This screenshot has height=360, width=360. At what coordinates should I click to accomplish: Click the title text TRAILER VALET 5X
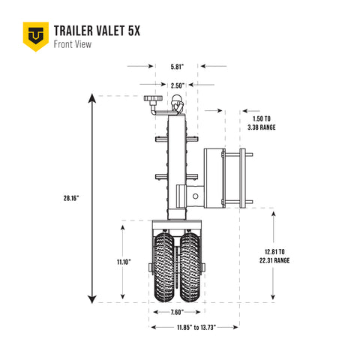[96, 30]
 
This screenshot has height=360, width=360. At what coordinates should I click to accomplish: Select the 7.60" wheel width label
[176, 312]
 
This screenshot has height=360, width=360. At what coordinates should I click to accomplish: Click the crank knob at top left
[154, 100]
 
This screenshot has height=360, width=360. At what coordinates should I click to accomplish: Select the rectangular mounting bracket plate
[216, 177]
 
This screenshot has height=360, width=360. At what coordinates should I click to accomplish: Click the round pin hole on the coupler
[196, 196]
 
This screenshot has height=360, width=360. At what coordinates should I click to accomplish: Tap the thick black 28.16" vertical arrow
[92, 198]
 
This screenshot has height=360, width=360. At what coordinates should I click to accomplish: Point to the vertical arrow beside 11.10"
[121, 262]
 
